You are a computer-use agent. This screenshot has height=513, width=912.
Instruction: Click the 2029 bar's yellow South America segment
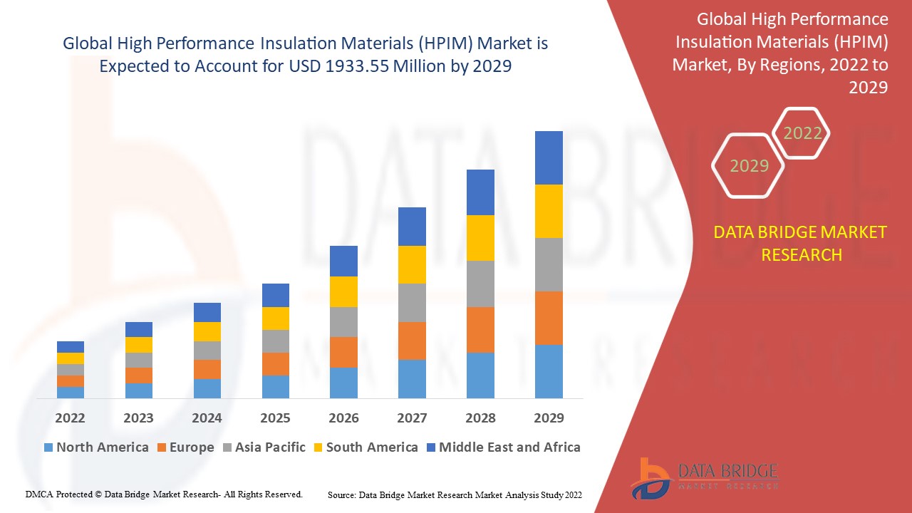[x=549, y=211]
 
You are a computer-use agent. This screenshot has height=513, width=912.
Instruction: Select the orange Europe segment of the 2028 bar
[x=480, y=329]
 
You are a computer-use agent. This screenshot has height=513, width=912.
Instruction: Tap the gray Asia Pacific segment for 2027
[x=412, y=303]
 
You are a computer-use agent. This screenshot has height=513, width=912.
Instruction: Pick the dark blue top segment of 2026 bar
[x=343, y=261]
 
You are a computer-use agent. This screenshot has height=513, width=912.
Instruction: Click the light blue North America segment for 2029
[x=549, y=371]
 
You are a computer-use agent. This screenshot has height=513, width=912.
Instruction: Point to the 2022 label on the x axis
[x=70, y=418]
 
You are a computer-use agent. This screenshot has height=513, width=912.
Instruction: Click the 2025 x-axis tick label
[x=275, y=418]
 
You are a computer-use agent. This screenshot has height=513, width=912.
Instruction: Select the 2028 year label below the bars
[x=480, y=418]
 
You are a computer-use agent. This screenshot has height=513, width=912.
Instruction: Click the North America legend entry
[x=95, y=447]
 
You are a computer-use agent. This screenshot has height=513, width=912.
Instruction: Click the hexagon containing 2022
[x=802, y=133]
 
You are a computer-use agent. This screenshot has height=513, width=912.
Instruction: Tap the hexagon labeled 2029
[x=749, y=166]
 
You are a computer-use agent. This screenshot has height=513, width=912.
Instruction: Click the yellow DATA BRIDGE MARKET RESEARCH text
[x=801, y=243]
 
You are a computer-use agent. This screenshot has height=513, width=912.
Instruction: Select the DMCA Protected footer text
[x=164, y=494]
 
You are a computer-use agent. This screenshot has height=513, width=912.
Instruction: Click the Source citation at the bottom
[x=455, y=494]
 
